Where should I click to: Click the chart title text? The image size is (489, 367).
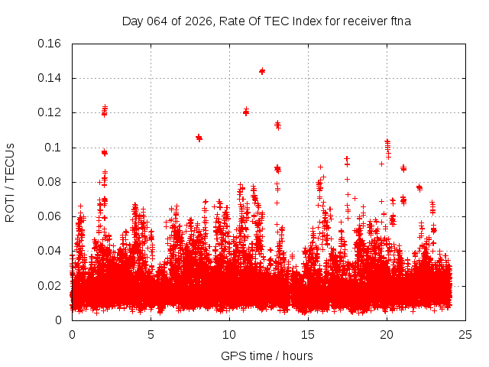[x=267, y=21]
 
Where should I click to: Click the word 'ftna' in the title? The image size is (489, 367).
[x=399, y=21]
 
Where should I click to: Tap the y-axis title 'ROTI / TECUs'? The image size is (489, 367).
[x=10, y=182]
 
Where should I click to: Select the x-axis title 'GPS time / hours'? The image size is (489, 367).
[x=267, y=356]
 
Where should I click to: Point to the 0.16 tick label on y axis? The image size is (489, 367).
[x=50, y=44]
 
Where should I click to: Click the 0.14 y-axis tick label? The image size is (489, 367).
[x=50, y=78]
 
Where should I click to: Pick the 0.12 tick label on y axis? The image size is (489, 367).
[x=50, y=112]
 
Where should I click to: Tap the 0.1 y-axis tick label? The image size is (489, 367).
[x=54, y=148]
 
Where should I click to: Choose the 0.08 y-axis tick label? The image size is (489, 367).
[x=50, y=182]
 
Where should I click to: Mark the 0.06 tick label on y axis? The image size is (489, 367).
[x=50, y=216]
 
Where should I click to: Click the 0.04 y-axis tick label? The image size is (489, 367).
[x=50, y=251]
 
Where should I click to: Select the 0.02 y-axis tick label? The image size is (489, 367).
[x=50, y=286]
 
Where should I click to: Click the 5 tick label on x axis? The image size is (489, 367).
[x=151, y=334]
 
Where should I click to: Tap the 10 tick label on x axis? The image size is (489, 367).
[x=229, y=334]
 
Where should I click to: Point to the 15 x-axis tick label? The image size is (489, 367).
[x=308, y=334]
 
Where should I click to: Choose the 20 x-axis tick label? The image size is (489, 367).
[x=387, y=334]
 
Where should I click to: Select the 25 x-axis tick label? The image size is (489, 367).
[x=465, y=334]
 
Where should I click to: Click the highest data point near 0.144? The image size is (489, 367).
[x=262, y=71]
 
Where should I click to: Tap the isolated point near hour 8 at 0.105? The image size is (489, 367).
[x=199, y=138]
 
